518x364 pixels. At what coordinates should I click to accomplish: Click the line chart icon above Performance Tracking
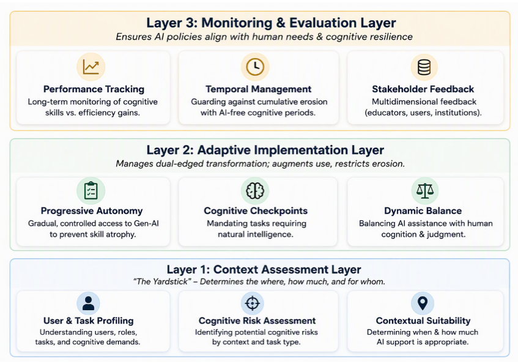91,67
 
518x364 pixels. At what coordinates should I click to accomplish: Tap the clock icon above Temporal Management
255,67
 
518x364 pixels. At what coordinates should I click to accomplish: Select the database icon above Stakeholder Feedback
424,67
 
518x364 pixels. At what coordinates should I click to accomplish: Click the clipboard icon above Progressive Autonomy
91,190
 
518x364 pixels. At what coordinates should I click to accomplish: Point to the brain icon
255,190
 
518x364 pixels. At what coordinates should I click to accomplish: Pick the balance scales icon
425,191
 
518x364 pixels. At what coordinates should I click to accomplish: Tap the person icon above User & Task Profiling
88,303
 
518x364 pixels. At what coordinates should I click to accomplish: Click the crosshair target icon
253,303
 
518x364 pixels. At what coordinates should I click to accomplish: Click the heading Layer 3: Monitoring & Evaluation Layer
271,23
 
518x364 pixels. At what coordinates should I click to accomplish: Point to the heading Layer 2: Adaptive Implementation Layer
265,150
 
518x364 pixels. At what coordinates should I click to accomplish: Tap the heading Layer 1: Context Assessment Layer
264,269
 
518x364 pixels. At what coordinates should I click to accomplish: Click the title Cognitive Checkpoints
256,210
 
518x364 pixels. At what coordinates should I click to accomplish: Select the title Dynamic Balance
423,210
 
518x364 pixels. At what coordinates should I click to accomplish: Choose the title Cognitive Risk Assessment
257,321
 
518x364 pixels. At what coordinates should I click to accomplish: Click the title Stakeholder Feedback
423,89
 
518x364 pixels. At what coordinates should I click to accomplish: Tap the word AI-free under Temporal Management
232,113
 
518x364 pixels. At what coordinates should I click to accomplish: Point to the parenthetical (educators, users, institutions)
423,113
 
